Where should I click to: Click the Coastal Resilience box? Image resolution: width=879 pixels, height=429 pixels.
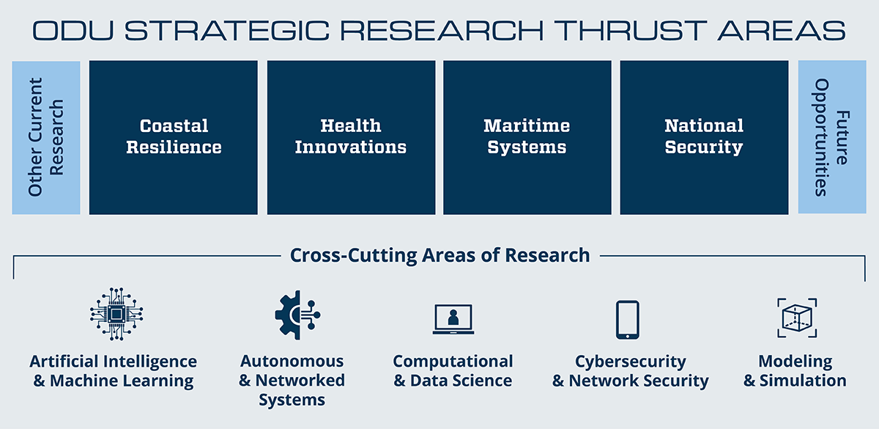174,137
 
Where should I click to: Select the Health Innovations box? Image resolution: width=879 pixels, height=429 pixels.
351,137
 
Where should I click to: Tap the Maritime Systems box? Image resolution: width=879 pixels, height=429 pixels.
527,137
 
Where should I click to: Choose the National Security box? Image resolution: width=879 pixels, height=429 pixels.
704,137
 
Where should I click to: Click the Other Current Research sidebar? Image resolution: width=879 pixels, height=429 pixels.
46,138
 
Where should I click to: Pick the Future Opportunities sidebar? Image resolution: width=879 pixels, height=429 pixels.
832,136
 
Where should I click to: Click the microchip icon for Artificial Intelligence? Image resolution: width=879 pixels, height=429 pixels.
116,314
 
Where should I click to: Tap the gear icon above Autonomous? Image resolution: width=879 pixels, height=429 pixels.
297,315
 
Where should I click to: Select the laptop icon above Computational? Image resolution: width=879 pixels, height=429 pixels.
453,319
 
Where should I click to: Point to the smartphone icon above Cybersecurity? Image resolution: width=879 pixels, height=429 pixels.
627,320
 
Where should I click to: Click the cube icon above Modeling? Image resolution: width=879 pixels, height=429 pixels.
797,318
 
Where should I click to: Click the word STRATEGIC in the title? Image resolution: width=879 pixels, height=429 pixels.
227,31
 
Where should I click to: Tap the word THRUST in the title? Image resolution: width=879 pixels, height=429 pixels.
630,31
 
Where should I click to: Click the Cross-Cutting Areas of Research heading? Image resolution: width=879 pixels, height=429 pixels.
440,255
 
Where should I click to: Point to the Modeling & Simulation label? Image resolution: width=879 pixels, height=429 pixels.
795,371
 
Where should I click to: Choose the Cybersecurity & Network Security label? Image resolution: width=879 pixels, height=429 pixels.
630,371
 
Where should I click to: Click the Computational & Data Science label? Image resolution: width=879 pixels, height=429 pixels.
453,371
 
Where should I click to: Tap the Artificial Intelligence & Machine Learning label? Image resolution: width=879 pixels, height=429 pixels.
114,371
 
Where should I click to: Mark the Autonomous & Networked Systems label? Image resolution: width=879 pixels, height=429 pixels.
292,381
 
